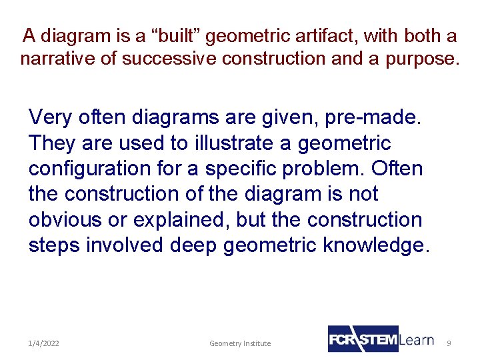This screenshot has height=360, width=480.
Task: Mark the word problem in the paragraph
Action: (x=323, y=169)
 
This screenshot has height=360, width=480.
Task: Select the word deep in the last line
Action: (x=193, y=245)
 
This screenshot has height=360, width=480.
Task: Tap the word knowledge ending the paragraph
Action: (x=375, y=245)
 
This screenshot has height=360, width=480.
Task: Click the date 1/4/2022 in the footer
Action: (x=43, y=343)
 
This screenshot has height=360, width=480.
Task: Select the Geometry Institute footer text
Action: (x=240, y=343)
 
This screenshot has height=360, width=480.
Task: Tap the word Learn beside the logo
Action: (x=417, y=339)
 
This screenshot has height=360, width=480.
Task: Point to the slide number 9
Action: (x=449, y=343)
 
